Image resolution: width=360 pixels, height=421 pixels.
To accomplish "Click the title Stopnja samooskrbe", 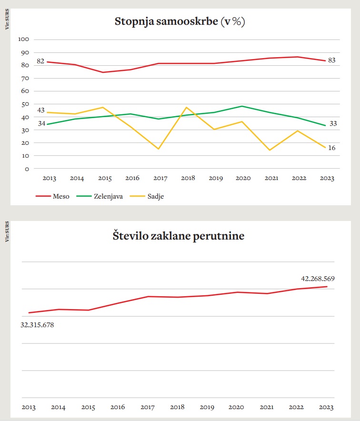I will (x=180, y=22).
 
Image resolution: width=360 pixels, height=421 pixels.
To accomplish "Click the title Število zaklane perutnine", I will (x=179, y=235).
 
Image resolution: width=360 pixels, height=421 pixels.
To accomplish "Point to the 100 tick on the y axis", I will (x=23, y=40).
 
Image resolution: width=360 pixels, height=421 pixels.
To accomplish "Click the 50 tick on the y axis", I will (x=25, y=104).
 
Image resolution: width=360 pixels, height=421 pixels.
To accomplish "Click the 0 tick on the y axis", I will (x=27, y=169).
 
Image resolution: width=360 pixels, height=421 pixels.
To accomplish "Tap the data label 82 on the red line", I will (x=40, y=61).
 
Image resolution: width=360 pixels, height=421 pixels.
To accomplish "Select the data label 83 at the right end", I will (x=332, y=60).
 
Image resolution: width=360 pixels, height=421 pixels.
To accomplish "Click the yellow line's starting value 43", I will (x=41, y=110).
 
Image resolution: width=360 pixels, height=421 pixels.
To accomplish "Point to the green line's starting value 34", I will (x=41, y=124).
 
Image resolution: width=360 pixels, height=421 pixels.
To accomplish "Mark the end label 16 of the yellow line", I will (x=332, y=148).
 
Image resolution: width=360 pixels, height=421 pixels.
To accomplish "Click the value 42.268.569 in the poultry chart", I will (x=318, y=279).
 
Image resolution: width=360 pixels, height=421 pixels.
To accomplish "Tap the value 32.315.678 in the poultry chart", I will (x=37, y=325).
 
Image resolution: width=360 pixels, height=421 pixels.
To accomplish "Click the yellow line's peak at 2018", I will (x=186, y=107).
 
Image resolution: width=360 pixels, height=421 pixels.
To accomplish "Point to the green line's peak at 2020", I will (x=242, y=106).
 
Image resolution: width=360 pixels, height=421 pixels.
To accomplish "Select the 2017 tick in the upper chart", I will (x=160, y=179).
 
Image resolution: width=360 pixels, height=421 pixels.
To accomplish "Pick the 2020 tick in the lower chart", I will (x=237, y=408).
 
